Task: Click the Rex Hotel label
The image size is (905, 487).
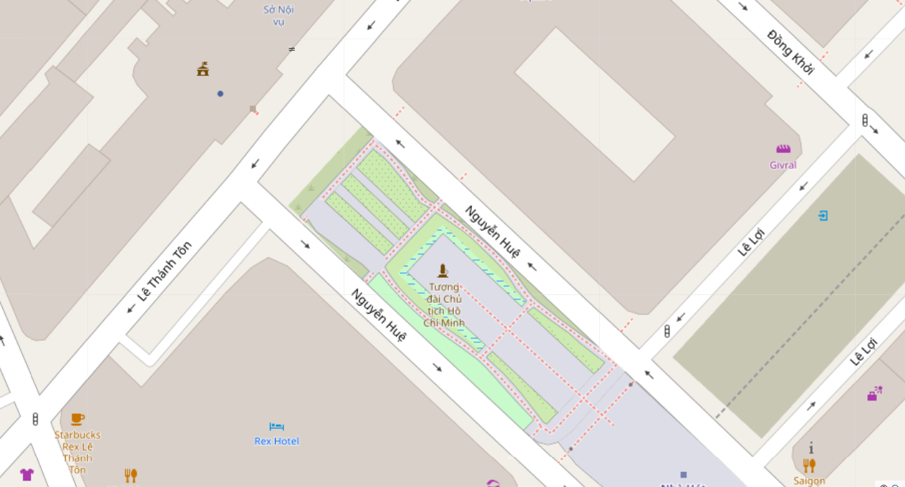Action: [x=276, y=441]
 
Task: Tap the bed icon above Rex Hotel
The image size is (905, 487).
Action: [x=276, y=427]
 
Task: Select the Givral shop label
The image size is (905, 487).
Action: [x=783, y=165]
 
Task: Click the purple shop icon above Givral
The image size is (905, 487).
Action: [x=783, y=149]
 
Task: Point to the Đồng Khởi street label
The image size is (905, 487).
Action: [x=790, y=52]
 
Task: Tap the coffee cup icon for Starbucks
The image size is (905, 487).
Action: [x=77, y=419]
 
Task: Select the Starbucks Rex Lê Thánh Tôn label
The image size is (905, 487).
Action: [x=77, y=452]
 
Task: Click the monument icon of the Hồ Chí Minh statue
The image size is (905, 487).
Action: [x=443, y=271]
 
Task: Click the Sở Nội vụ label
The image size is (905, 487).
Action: [x=279, y=15]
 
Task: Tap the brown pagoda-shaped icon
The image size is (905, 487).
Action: [x=203, y=69]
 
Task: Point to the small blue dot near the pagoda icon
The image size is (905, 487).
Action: [x=221, y=94]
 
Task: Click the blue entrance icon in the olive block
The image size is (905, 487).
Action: [x=823, y=215]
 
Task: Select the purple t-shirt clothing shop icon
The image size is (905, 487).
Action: [x=26, y=474]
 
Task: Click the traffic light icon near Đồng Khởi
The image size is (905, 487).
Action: [x=865, y=120]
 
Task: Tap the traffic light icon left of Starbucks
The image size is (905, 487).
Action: [x=35, y=420]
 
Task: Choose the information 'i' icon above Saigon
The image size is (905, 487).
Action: [x=811, y=449]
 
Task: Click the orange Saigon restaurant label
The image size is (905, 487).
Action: [x=809, y=481]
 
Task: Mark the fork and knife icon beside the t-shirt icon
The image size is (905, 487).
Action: [x=130, y=475]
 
